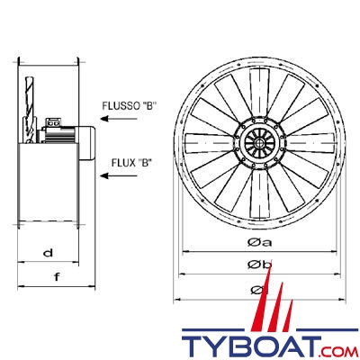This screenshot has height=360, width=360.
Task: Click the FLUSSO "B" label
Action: point(130,106)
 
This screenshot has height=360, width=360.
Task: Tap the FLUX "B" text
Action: point(130,163)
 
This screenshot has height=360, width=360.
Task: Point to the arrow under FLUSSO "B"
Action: point(119,119)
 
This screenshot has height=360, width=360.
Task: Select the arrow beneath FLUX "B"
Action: point(119,175)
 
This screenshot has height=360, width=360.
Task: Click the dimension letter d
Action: point(48,253)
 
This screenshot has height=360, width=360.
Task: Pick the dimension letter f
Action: point(57,276)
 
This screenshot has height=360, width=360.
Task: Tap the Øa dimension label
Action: point(260,242)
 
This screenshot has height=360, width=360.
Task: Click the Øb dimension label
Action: point(260,264)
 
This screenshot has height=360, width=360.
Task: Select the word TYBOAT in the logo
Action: point(251,343)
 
